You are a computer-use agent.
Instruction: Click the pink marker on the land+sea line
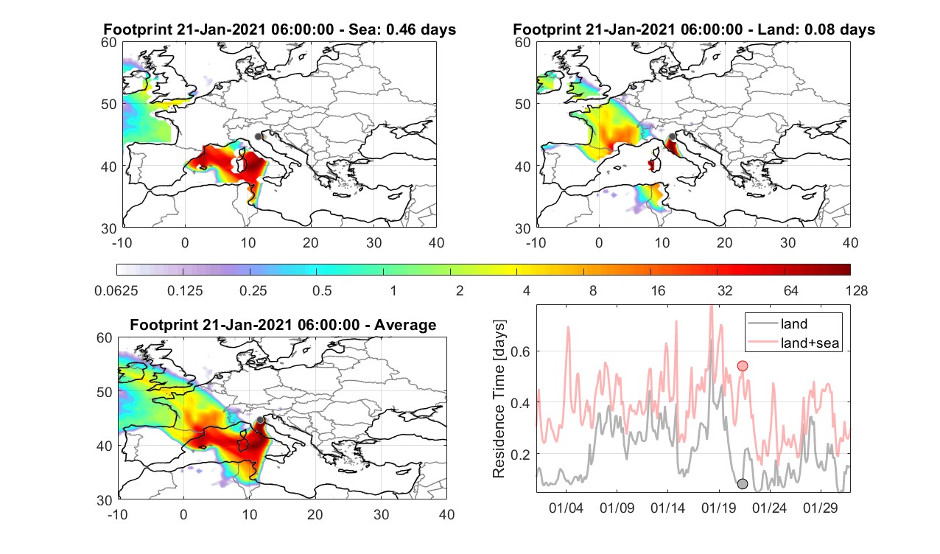[x=743, y=366]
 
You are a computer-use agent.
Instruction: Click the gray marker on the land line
[x=743, y=484]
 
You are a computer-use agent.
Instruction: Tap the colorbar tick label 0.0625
[x=116, y=290]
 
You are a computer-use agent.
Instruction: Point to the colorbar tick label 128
[x=857, y=290]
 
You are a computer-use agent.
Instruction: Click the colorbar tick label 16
[x=658, y=290]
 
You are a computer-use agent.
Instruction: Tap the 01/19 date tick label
[x=718, y=508]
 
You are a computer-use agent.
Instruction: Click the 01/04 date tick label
[x=566, y=508]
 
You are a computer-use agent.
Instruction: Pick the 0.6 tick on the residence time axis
[x=521, y=351]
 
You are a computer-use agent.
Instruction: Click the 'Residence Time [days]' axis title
[x=499, y=399]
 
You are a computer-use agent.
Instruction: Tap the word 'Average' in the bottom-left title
[x=405, y=325]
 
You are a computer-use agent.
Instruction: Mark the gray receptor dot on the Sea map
[x=258, y=136]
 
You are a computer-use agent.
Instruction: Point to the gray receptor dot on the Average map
[x=260, y=420]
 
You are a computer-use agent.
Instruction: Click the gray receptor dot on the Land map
[x=673, y=136]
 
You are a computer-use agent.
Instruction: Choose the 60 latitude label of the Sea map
[x=109, y=43]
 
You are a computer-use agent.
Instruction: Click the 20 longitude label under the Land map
[x=725, y=242]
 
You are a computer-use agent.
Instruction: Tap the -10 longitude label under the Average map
[x=118, y=514]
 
